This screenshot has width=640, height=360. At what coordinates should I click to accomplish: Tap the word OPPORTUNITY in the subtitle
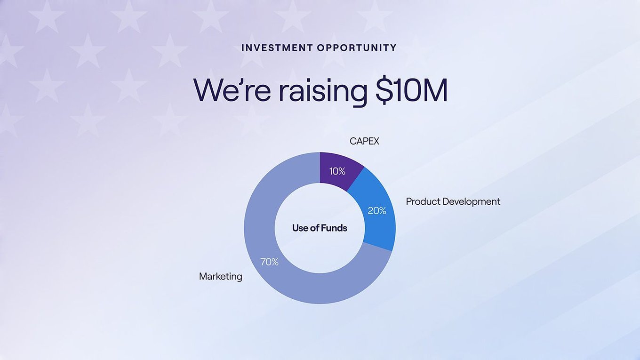pyautogui.click(x=357, y=48)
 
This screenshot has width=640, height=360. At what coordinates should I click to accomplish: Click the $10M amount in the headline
pyautogui.click(x=411, y=90)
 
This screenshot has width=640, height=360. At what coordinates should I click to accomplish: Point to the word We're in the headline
pyautogui.click(x=232, y=90)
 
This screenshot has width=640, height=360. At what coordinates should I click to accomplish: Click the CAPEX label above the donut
pyautogui.click(x=364, y=141)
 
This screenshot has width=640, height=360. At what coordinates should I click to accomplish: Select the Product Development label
pyautogui.click(x=453, y=202)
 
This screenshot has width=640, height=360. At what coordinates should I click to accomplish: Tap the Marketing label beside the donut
pyautogui.click(x=221, y=276)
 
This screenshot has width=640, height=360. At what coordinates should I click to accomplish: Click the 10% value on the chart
pyautogui.click(x=337, y=171)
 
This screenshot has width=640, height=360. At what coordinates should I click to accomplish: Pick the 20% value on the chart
pyautogui.click(x=377, y=211)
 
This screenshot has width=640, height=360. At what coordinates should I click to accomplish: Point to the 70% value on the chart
pyautogui.click(x=269, y=262)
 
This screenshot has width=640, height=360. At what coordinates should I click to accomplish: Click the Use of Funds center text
pyautogui.click(x=320, y=228)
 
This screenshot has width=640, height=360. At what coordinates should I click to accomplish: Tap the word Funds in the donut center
pyautogui.click(x=334, y=228)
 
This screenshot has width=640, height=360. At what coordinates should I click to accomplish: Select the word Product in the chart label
pyautogui.click(x=424, y=202)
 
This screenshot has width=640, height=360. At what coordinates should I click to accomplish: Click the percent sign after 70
pyautogui.click(x=274, y=262)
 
